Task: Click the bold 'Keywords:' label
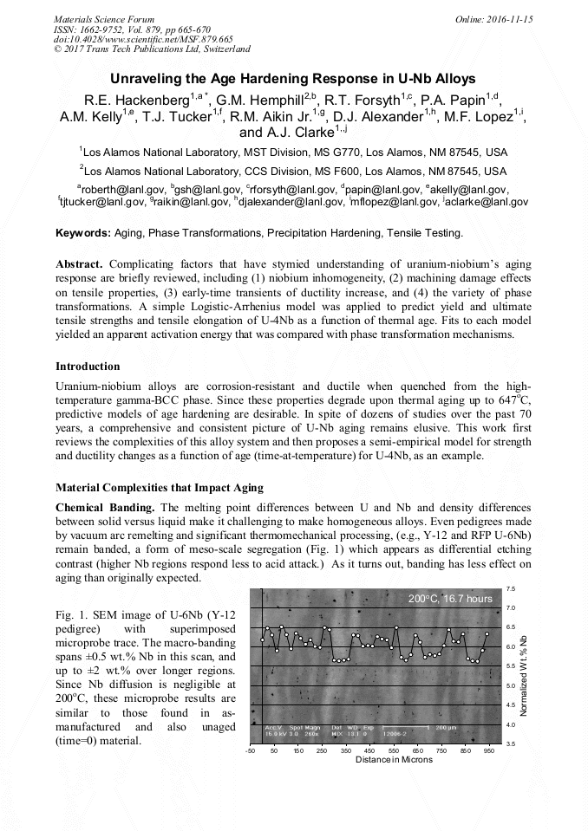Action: [83, 233]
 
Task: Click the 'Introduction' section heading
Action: [88, 367]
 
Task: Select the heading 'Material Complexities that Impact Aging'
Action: [160, 488]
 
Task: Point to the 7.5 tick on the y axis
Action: [511, 588]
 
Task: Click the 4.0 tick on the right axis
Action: [511, 724]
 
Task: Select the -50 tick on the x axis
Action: [251, 751]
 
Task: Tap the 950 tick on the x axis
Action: [490, 751]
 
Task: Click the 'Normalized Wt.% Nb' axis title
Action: [524, 667]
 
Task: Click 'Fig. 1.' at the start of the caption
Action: [70, 614]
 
